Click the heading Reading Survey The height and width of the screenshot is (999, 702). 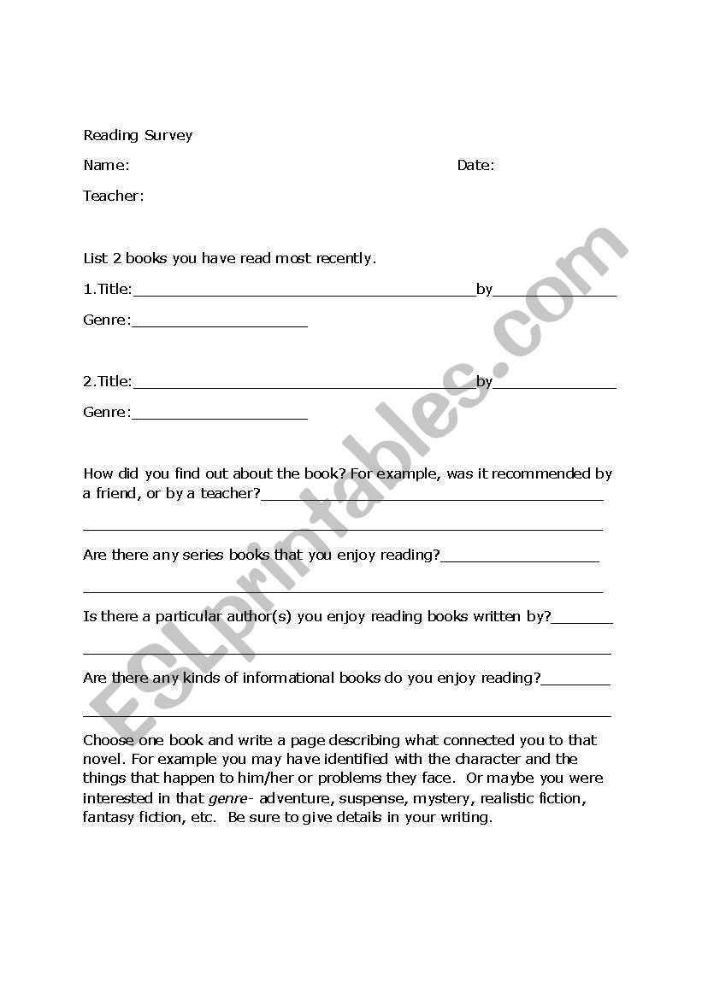tap(138, 135)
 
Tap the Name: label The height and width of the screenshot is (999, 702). tap(106, 165)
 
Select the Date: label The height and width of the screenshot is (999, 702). tap(475, 165)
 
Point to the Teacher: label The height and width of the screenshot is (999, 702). tap(114, 196)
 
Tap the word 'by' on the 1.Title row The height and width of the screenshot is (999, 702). tap(484, 290)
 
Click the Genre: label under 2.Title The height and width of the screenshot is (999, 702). tap(107, 413)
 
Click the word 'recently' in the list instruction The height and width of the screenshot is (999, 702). tap(345, 258)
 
